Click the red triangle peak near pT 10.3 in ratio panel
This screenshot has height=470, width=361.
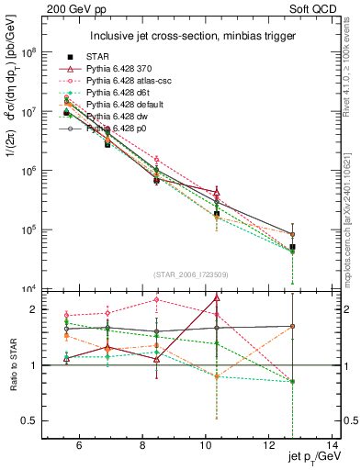(217, 297)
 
